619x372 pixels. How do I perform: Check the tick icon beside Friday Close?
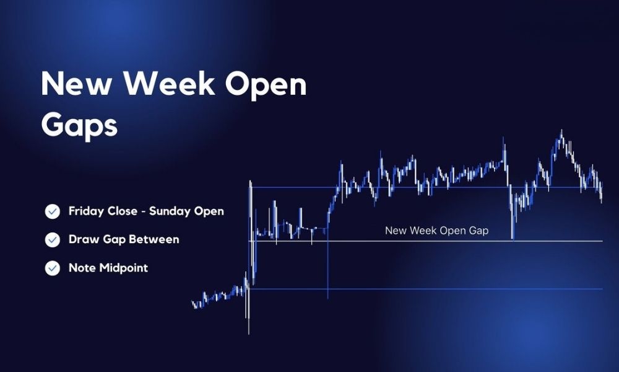53,211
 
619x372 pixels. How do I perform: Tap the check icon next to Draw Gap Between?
53,240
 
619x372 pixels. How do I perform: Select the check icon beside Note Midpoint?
53,268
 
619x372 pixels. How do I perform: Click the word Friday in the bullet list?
83,211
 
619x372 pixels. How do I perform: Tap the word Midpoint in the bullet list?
123,268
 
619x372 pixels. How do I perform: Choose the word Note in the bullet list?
82,268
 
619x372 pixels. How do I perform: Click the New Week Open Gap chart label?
436,231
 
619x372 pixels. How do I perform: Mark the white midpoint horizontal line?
426,241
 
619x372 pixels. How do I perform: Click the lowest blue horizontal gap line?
426,289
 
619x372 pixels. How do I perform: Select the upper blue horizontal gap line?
426,187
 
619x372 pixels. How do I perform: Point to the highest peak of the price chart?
561,130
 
